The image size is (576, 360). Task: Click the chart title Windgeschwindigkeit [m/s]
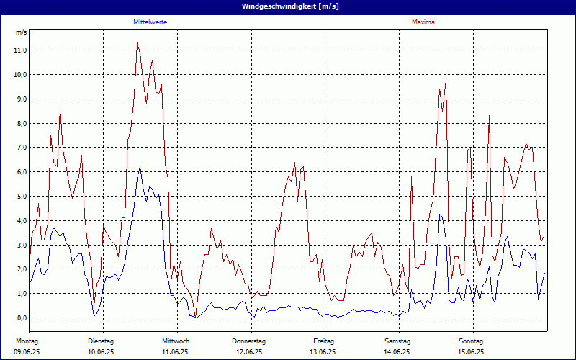[x=288, y=6]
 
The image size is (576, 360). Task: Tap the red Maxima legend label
[x=423, y=22]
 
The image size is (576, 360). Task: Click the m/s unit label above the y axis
[x=21, y=33]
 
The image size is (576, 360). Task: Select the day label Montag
[x=27, y=341]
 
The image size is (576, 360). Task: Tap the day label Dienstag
[x=101, y=341]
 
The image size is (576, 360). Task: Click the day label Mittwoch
[x=175, y=341]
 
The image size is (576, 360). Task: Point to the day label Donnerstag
[x=249, y=341]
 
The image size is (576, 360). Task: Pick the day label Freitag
[x=324, y=341]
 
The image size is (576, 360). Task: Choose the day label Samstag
[x=397, y=341]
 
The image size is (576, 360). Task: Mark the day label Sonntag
[x=472, y=341]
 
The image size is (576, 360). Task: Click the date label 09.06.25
[x=27, y=352]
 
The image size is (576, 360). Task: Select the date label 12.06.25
[x=249, y=352]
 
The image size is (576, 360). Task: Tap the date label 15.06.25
[x=472, y=352]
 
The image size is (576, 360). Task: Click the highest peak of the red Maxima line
[x=137, y=42]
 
